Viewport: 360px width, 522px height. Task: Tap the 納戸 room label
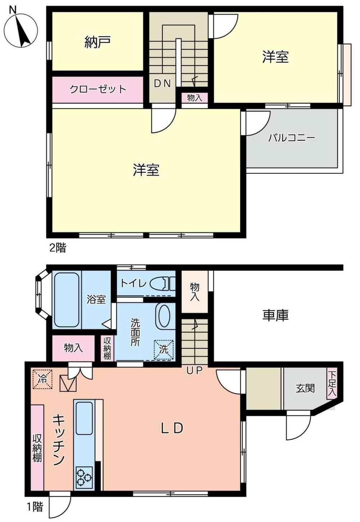click(97, 42)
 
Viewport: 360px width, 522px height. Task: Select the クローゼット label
click(98, 89)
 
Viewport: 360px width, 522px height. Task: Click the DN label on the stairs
click(162, 83)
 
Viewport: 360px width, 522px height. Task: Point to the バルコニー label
click(292, 138)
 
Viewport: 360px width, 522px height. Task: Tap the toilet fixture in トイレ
click(162, 284)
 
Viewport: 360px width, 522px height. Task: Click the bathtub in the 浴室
click(66, 300)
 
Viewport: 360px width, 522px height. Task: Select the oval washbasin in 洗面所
click(164, 317)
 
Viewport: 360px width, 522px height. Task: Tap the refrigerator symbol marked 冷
click(42, 379)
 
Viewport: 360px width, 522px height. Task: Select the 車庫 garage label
click(276, 315)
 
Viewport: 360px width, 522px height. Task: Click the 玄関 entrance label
click(305, 388)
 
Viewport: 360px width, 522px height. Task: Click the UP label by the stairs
click(194, 370)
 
